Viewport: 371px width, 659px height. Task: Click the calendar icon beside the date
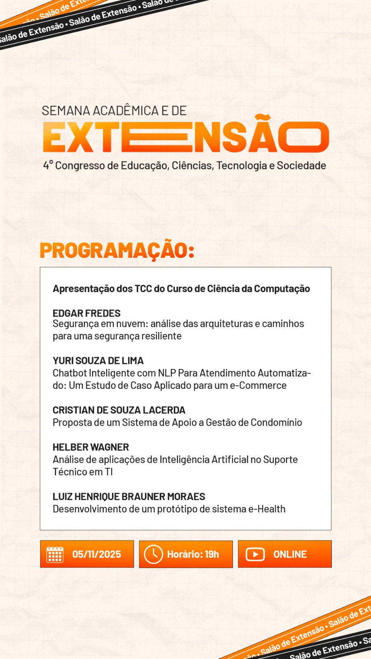[55, 554]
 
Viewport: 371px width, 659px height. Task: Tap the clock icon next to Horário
[153, 554]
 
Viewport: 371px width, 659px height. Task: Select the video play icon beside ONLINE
[255, 554]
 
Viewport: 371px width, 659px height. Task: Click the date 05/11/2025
[96, 554]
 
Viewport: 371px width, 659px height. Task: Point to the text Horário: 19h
[193, 554]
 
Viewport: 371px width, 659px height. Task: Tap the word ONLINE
[290, 554]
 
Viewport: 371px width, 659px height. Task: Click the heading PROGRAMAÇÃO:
[117, 250]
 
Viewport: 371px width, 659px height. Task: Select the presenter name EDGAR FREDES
[87, 313]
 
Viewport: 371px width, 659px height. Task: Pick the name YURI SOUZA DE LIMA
[98, 361]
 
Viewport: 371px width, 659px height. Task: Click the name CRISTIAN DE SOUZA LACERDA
[119, 410]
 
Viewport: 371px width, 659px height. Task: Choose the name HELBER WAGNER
[91, 447]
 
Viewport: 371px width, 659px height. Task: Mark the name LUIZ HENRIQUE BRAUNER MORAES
[129, 497]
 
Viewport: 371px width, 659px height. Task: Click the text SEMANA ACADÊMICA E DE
[114, 111]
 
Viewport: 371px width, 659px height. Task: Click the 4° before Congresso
[48, 166]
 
